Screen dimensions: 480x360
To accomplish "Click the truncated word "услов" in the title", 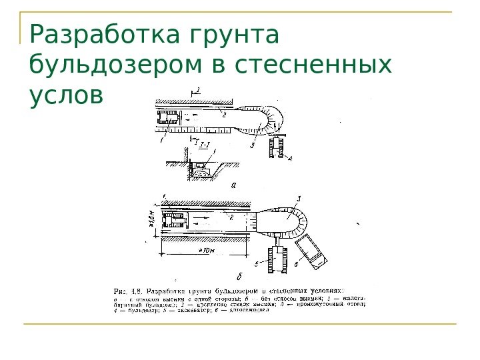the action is pyautogui.click(x=67, y=97).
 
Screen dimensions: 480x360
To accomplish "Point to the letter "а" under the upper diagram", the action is pyautogui.click(x=233, y=186).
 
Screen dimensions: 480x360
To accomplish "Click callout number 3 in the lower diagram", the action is pyautogui.click(x=299, y=198).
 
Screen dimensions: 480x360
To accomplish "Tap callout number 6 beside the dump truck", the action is pyautogui.click(x=295, y=265).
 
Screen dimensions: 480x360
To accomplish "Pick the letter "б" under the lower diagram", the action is pyautogui.click(x=239, y=275).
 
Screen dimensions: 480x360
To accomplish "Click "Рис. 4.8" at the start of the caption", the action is pyautogui.click(x=127, y=291).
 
